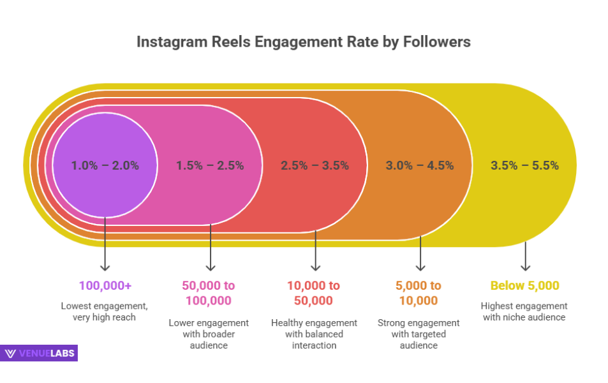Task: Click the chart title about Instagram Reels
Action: (x=304, y=42)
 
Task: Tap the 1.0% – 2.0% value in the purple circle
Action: (x=105, y=165)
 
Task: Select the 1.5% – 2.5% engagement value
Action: (x=210, y=165)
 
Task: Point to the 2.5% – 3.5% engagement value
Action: (x=315, y=165)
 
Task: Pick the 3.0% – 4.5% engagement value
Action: (x=420, y=165)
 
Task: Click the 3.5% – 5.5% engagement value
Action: (x=524, y=165)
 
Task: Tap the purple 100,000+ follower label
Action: (x=105, y=285)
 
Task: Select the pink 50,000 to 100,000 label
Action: (x=209, y=293)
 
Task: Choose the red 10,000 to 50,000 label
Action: (x=315, y=293)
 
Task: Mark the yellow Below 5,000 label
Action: (x=524, y=285)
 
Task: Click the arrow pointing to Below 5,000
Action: (x=525, y=257)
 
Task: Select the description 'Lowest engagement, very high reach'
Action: (x=105, y=312)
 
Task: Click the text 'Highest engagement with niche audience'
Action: (x=524, y=312)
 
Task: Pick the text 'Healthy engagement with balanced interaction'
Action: (x=315, y=334)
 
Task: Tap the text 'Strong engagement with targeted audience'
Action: (x=420, y=334)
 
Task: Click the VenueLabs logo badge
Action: (x=40, y=353)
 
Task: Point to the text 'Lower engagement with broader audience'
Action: (x=209, y=334)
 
